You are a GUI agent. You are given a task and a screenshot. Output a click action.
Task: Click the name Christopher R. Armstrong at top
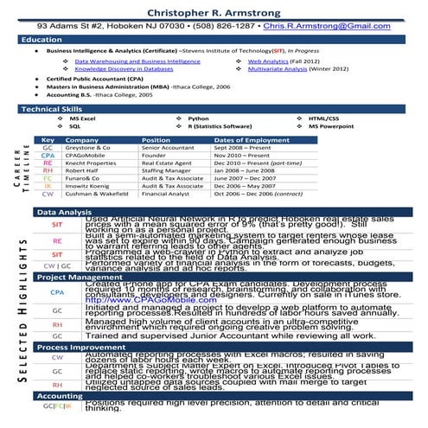[214, 10]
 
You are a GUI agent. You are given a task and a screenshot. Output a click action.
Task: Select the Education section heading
[42, 40]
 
